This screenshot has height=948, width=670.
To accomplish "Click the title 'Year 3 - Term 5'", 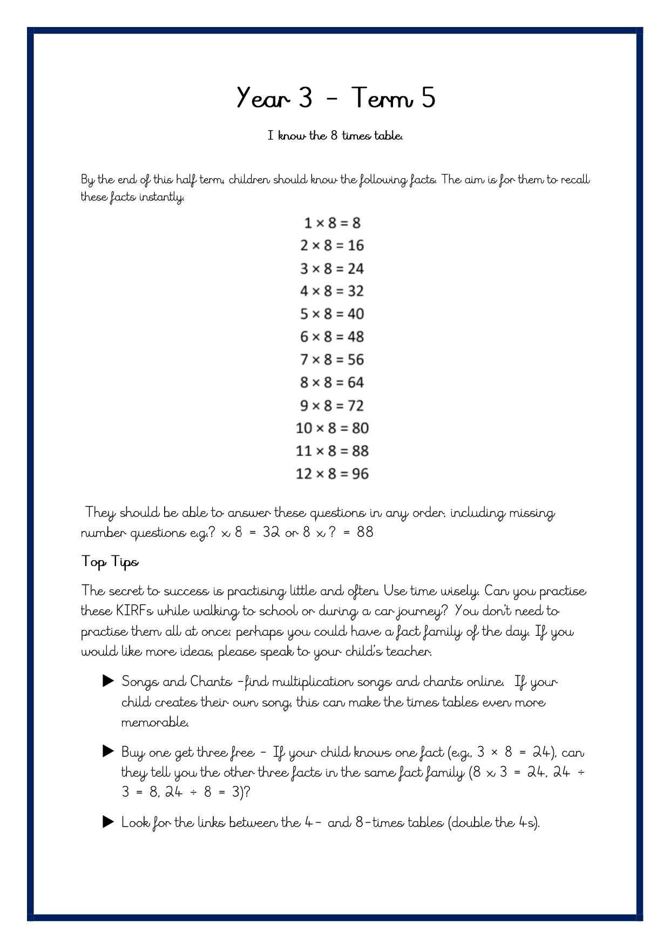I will pos(335,98).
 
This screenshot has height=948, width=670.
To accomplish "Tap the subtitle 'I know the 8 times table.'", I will pos(335,136).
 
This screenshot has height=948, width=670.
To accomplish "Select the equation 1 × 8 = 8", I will pos(332,223).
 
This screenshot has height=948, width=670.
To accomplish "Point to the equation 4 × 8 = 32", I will pos(332,291).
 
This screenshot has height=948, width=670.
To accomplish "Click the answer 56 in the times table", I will pos(356,360).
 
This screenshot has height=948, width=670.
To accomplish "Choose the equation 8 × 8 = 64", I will pos(332,382).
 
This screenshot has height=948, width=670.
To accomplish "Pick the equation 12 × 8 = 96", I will pos(332,474).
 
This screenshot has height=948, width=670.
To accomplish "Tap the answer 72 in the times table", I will pos(356,406).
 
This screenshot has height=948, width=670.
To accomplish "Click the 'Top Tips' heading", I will pos(110,562).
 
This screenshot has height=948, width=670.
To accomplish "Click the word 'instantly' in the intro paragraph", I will pos(161,197).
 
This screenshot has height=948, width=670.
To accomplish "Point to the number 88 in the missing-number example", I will pos(365,533).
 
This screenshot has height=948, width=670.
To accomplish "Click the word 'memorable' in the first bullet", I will pos(155,722).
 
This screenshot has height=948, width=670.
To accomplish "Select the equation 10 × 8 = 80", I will pos(332,428).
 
